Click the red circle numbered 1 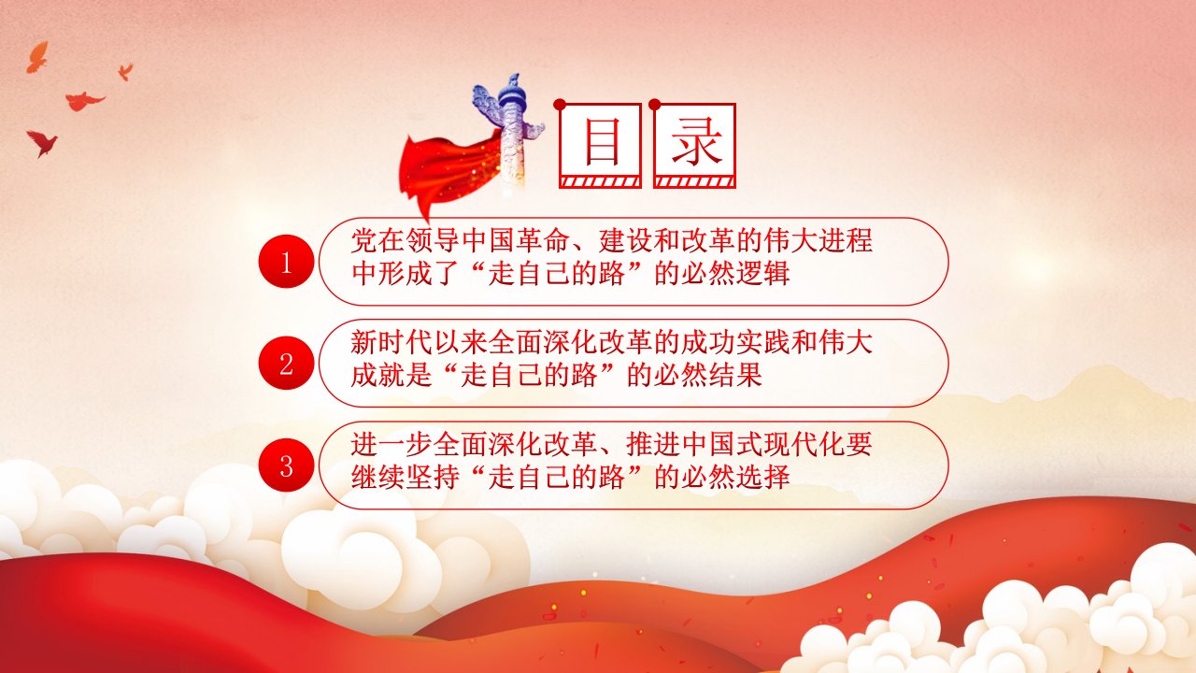pos(286,261)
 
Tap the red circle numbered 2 pos(286,364)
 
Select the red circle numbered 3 pos(286,465)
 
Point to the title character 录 pos(696,141)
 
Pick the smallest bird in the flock pos(126,71)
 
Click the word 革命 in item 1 pos(544,240)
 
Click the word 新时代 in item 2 pos(392,342)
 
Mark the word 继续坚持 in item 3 pos(406,477)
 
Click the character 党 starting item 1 pos(364,240)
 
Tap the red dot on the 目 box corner pos(560,104)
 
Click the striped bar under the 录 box pos(694,182)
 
